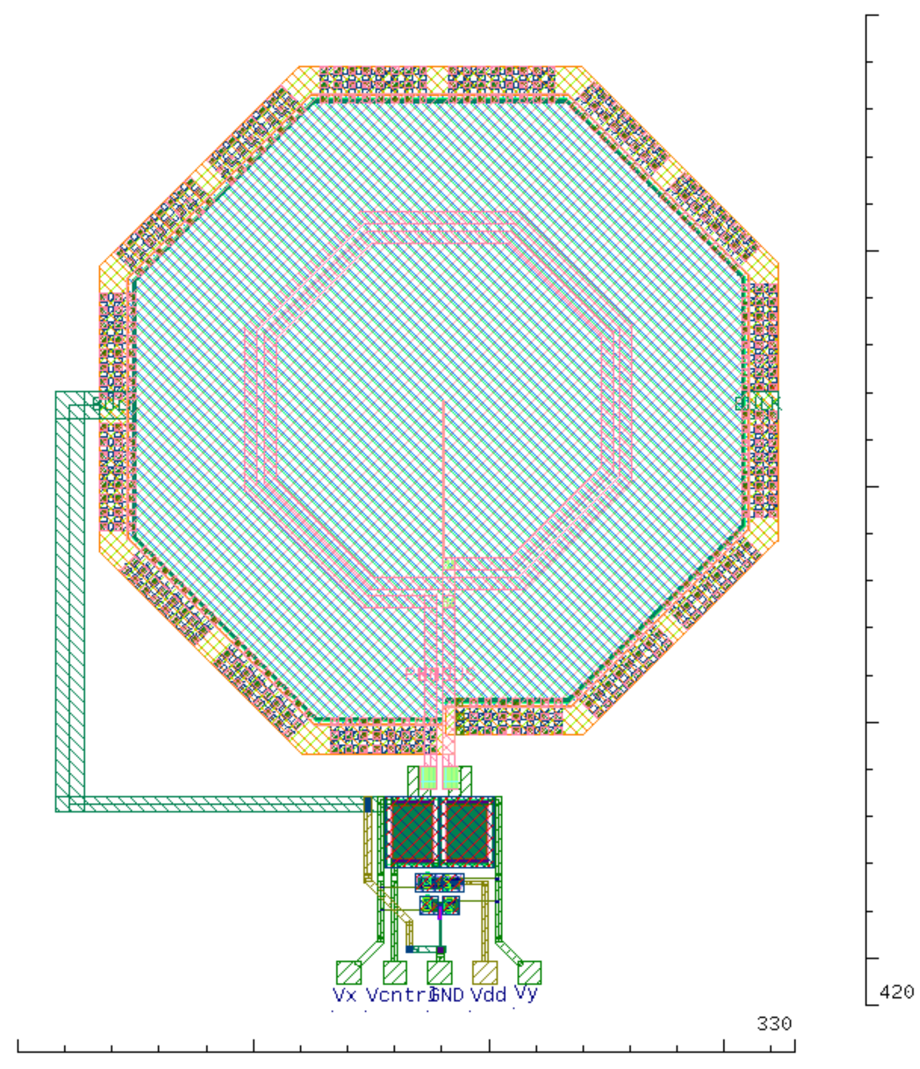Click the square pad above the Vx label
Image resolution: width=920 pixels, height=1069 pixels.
348,972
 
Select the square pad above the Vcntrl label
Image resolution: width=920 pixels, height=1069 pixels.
395,972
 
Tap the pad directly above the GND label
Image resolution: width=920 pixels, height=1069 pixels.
439,972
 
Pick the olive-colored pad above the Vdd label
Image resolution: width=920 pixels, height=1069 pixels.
485,972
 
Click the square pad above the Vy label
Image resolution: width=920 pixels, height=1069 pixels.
530,972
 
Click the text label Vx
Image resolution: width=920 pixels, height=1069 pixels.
344,995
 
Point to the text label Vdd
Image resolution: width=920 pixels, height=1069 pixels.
488,995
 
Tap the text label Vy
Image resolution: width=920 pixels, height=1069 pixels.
525,994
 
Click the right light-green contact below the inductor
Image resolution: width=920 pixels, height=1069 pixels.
452,777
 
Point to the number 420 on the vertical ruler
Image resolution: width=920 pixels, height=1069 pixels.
896,992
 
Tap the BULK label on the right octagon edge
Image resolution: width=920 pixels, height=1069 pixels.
758,403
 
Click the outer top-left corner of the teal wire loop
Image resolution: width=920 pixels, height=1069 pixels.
56,392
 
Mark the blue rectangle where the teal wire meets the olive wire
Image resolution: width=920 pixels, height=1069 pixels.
368,804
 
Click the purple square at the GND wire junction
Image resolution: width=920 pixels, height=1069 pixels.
440,950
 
